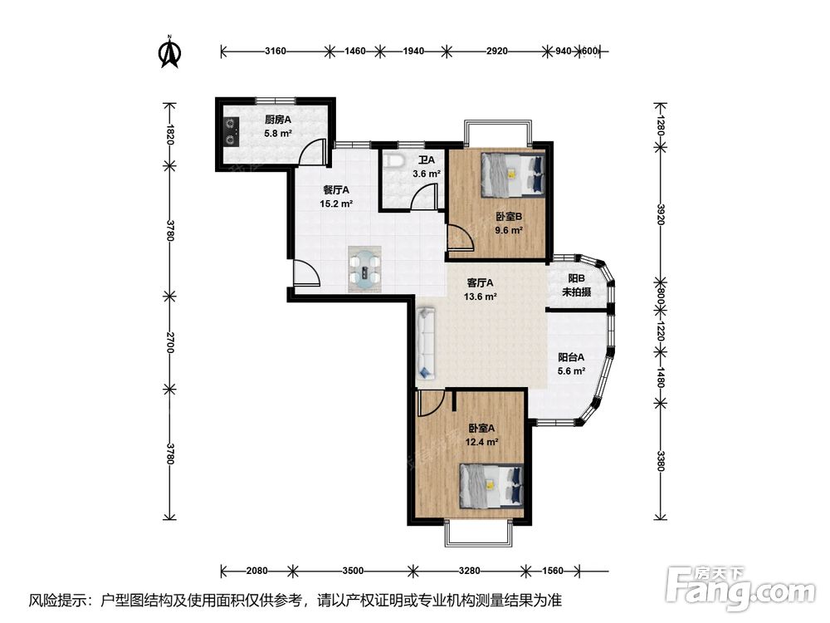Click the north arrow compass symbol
(170, 52)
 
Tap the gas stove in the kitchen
(231, 132)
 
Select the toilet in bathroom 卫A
(393, 160)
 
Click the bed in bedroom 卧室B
(513, 174)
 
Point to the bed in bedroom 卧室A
(491, 485)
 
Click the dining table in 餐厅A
(364, 268)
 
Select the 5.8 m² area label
(278, 134)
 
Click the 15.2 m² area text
(336, 204)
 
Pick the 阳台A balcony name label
(571, 357)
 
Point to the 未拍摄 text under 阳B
(577, 292)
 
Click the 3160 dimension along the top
(276, 52)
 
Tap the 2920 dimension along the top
(496, 52)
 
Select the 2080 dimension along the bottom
(256, 571)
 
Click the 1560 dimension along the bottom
(553, 571)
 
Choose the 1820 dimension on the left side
(169, 135)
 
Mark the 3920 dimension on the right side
(660, 214)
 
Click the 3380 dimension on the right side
(660, 460)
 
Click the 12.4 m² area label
(481, 442)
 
